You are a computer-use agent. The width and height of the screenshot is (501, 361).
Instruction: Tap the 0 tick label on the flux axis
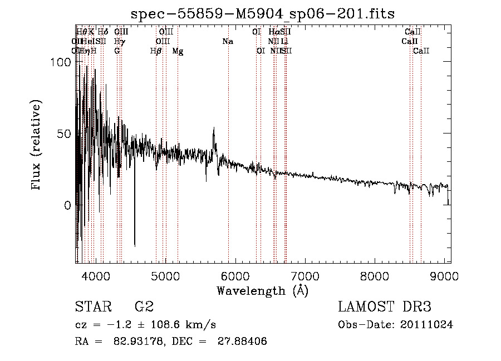coord(68,205)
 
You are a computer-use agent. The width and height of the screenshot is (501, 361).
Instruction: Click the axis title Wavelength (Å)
coord(262,290)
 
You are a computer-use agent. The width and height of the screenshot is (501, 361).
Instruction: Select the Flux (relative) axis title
coord(37,145)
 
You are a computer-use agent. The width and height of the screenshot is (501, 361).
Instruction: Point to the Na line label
coord(228,41)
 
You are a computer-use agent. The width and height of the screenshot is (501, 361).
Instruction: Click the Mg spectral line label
coord(178,51)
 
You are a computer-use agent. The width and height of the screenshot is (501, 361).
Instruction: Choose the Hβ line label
coord(156,51)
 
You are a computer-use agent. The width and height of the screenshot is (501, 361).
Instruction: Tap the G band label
coord(117,51)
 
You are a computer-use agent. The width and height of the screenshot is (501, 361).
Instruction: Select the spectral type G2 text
coord(144,306)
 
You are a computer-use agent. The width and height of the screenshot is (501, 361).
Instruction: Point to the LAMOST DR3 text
coord(384,306)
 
